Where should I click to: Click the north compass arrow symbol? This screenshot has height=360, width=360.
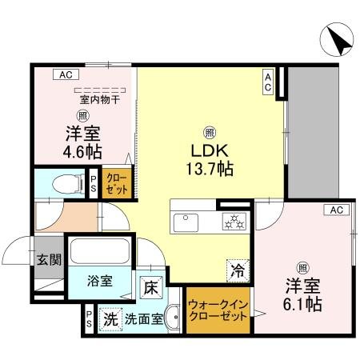tap(337, 40)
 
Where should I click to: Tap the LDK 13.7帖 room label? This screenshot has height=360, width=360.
tap(210, 159)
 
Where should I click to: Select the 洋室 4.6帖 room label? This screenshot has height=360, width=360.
tap(82, 142)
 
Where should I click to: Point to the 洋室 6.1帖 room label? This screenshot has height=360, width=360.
tap(302, 294)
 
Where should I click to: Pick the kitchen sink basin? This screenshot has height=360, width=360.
tap(186, 222)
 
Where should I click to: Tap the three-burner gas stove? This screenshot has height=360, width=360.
tap(234, 222)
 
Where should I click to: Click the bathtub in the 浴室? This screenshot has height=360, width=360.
tap(100, 251)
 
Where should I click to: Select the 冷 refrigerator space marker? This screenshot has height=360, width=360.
tap(238, 271)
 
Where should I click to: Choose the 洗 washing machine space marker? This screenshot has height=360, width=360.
tap(110, 319)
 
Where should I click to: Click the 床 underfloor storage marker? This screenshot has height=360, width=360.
tap(151, 287)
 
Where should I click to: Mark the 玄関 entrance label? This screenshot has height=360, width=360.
tap(49, 259)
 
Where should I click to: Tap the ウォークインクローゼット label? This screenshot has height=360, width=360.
tap(218, 310)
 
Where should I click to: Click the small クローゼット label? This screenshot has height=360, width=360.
tap(117, 183)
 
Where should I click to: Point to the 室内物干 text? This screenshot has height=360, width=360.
tap(100, 100)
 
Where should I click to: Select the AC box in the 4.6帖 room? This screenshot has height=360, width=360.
tap(66, 74)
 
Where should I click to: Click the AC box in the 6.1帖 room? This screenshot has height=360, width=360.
tap(337, 210)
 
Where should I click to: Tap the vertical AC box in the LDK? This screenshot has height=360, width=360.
tap(268, 82)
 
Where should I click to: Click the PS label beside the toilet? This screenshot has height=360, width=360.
tap(93, 184)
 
